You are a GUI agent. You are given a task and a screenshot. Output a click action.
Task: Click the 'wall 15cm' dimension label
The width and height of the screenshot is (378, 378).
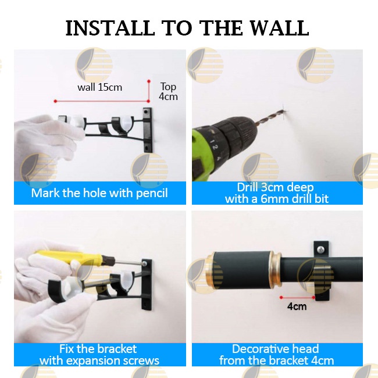pos(100,87)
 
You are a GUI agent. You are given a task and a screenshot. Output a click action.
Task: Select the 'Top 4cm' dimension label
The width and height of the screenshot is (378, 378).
pos(168,92)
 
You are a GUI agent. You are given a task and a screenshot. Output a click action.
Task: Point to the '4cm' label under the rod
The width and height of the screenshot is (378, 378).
pos(297,306)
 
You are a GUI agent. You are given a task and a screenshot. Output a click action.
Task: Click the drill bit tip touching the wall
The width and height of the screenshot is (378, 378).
pos(284,110)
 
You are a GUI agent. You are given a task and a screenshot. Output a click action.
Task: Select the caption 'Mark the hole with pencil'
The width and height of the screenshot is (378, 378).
pos(99,193)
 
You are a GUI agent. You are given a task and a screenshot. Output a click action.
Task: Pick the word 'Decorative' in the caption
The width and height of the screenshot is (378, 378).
pos(259,349)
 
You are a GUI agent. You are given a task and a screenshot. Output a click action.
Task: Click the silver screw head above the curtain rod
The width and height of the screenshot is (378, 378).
pos(321,249)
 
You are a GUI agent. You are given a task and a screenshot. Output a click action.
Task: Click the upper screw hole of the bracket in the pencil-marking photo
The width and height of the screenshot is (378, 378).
pos(146,112)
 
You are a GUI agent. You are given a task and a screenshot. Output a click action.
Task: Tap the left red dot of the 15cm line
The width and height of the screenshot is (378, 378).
pos(55,101)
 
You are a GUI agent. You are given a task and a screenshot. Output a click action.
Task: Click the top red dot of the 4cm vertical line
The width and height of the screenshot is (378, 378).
pos(149,81)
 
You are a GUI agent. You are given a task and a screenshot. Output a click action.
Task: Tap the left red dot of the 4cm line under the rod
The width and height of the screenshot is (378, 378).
pos(281,298)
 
